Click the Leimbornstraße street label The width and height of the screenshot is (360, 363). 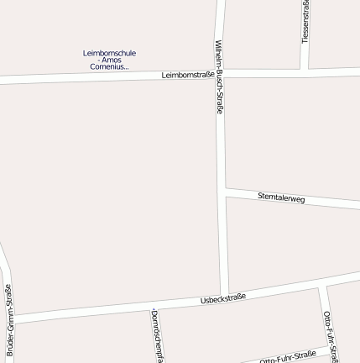pos(187,75)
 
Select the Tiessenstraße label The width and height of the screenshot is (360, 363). pos(305,21)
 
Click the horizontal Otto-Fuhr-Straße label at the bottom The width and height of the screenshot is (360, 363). pos(288,357)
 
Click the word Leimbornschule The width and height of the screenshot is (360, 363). pos(109,53)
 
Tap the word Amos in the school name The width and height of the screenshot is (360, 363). pos(112,60)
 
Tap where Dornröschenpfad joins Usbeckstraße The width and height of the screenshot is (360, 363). pos(149,308)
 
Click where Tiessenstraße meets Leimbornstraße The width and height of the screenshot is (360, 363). pos(305,71)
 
